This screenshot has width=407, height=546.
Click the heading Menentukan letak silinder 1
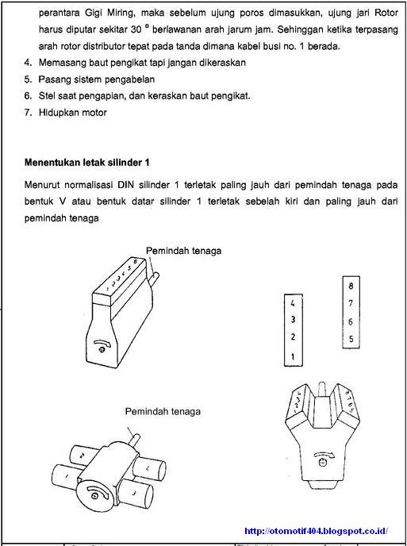tap(87, 163)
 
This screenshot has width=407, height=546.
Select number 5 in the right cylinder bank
tap(350, 339)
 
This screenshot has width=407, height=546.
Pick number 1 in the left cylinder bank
tap(293, 356)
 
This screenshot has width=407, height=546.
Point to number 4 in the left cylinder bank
tap(293, 304)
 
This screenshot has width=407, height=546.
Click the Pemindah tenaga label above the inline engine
tap(183, 250)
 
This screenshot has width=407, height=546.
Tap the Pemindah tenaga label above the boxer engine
tap(163, 411)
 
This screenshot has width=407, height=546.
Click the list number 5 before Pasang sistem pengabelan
tap(28, 79)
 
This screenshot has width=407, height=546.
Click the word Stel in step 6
tap(48, 95)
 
